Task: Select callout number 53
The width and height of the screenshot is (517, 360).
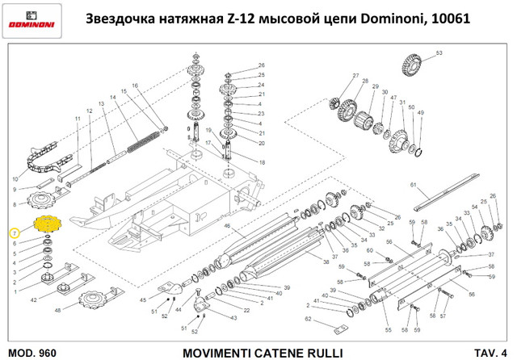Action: coord(439,54)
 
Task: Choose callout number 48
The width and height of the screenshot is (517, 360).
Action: coord(57,310)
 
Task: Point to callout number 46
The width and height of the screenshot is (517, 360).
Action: coord(228,227)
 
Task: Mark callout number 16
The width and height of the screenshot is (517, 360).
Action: coord(134,86)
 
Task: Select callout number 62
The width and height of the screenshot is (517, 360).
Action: coord(308,320)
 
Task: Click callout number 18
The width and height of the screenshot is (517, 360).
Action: coord(261,162)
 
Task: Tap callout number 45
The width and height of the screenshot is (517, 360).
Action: coord(144,299)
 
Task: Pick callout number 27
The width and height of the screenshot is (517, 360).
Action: coord(355,76)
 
